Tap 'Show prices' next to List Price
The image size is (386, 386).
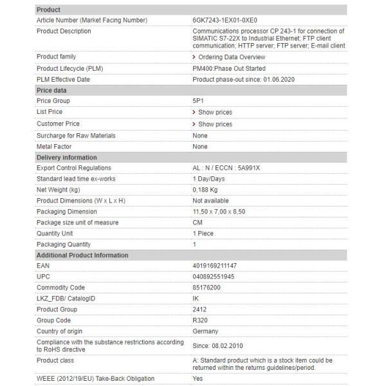tap(215, 112)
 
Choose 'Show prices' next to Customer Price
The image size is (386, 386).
tap(215, 124)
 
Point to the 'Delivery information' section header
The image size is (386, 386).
tap(67, 158)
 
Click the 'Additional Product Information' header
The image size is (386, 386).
tap(82, 255)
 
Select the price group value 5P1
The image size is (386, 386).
tap(198, 101)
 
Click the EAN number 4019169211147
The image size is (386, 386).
tap(215, 266)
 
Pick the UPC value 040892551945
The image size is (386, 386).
tap(214, 277)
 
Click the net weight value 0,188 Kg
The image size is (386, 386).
tap(207, 190)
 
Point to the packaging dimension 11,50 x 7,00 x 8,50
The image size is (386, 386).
tap(219, 212)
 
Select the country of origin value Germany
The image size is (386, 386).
tap(205, 331)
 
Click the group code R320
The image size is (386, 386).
tap(200, 320)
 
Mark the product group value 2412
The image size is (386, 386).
tap(199, 309)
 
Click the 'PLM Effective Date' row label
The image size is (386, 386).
tap(63, 80)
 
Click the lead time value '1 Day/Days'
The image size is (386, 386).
tap(209, 179)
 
